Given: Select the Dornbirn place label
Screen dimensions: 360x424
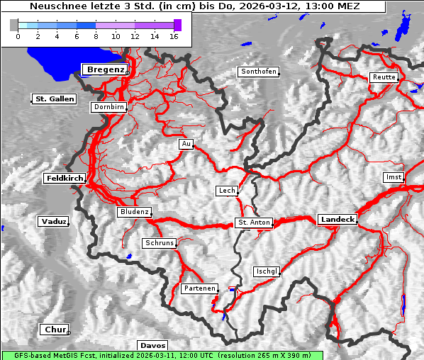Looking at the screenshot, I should click(109, 108).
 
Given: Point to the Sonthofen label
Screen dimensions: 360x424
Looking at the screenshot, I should click(259, 72).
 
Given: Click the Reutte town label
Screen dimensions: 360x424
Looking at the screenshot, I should click(384, 77).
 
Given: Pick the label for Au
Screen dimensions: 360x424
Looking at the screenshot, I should click(186, 145).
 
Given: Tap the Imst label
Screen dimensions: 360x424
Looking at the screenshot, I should click(392, 176).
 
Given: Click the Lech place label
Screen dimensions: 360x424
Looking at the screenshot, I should click(226, 191).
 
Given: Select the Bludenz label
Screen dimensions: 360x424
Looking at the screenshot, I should click(134, 212).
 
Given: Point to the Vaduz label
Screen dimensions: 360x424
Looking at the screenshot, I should click(53, 222).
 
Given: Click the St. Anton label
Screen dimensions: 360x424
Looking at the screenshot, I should click(254, 223).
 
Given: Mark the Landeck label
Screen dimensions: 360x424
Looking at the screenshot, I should click(337, 220).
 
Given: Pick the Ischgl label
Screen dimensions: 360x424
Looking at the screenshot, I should click(267, 271).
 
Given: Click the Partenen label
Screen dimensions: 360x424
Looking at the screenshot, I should click(199, 288).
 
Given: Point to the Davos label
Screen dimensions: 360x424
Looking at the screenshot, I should click(152, 345).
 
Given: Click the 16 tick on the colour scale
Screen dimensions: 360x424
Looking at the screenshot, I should click(173, 35).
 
